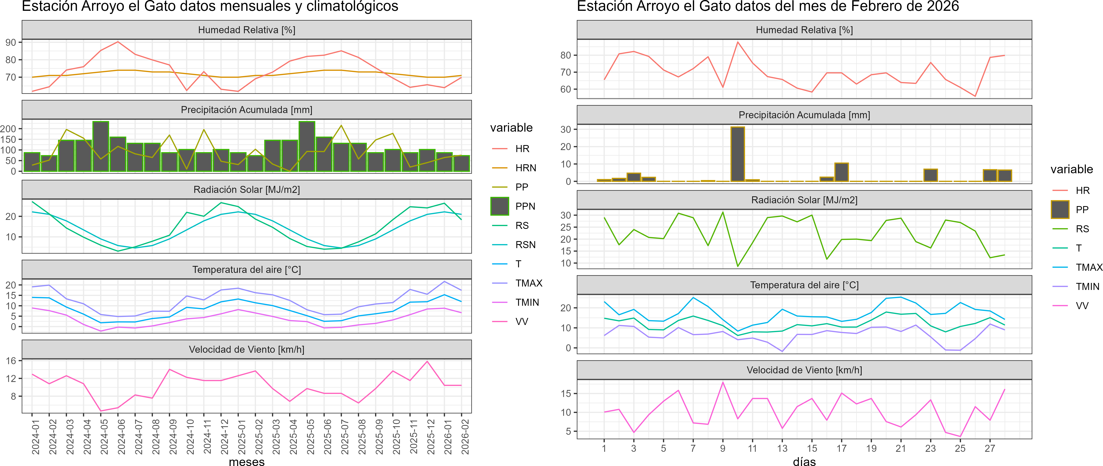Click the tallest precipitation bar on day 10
737,154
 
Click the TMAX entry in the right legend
1088,268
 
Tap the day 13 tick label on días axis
782,448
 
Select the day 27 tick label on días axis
990,448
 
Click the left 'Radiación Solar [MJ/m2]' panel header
247,189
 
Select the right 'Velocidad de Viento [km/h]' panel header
804,370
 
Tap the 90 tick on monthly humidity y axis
11,42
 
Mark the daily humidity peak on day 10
737,42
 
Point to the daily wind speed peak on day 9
723,382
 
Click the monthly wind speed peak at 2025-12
427,362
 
